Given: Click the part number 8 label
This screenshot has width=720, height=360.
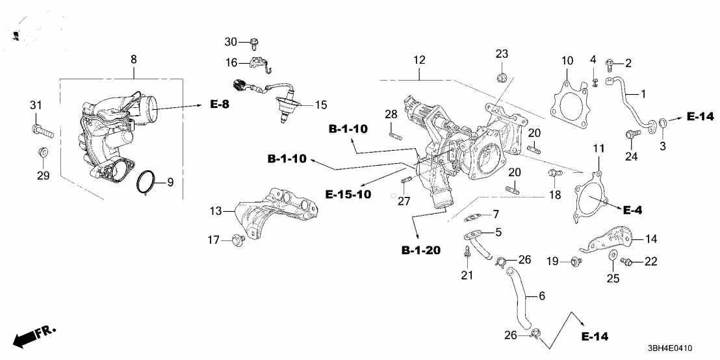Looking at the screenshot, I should pyautogui.click(x=133, y=59).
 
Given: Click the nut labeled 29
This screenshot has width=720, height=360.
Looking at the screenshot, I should pyautogui.click(x=42, y=153).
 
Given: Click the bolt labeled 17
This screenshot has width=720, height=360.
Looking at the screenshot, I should pyautogui.click(x=237, y=240).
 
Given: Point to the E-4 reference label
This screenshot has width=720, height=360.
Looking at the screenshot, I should pyautogui.click(x=633, y=210).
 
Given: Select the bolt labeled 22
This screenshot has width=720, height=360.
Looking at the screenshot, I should pyautogui.click(x=628, y=261).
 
